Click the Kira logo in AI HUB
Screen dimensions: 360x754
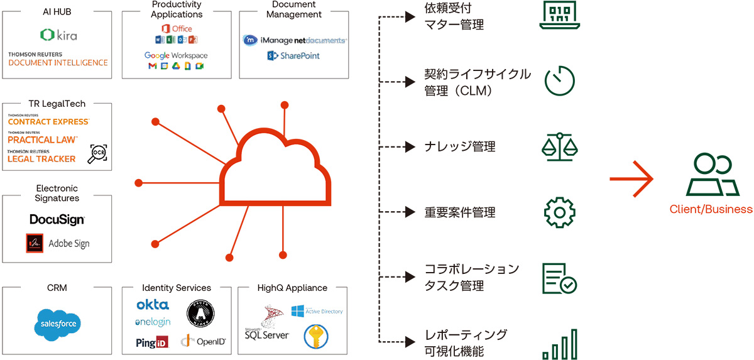[x=58, y=35]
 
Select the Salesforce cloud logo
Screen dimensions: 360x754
[x=58, y=324]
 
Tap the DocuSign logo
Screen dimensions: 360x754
[x=57, y=220]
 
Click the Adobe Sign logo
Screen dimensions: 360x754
[x=57, y=243]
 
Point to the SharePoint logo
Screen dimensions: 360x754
[x=293, y=56]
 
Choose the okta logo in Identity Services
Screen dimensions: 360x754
[x=152, y=305]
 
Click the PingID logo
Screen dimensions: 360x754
[x=151, y=342]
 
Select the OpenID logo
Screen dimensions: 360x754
[x=203, y=341]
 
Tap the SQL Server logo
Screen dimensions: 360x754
[x=267, y=327]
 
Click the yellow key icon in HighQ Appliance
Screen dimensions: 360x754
[x=316, y=336]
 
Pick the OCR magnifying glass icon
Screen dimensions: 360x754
[x=97, y=153]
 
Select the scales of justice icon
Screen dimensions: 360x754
[x=559, y=147]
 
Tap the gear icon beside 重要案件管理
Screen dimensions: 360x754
[x=559, y=212]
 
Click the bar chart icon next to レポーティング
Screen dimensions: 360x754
[x=559, y=344]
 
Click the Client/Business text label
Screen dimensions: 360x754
[x=711, y=209]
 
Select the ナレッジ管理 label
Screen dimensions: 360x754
[x=460, y=147]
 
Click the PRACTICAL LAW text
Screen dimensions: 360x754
[x=43, y=139]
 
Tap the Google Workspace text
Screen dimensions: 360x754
[x=176, y=55]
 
